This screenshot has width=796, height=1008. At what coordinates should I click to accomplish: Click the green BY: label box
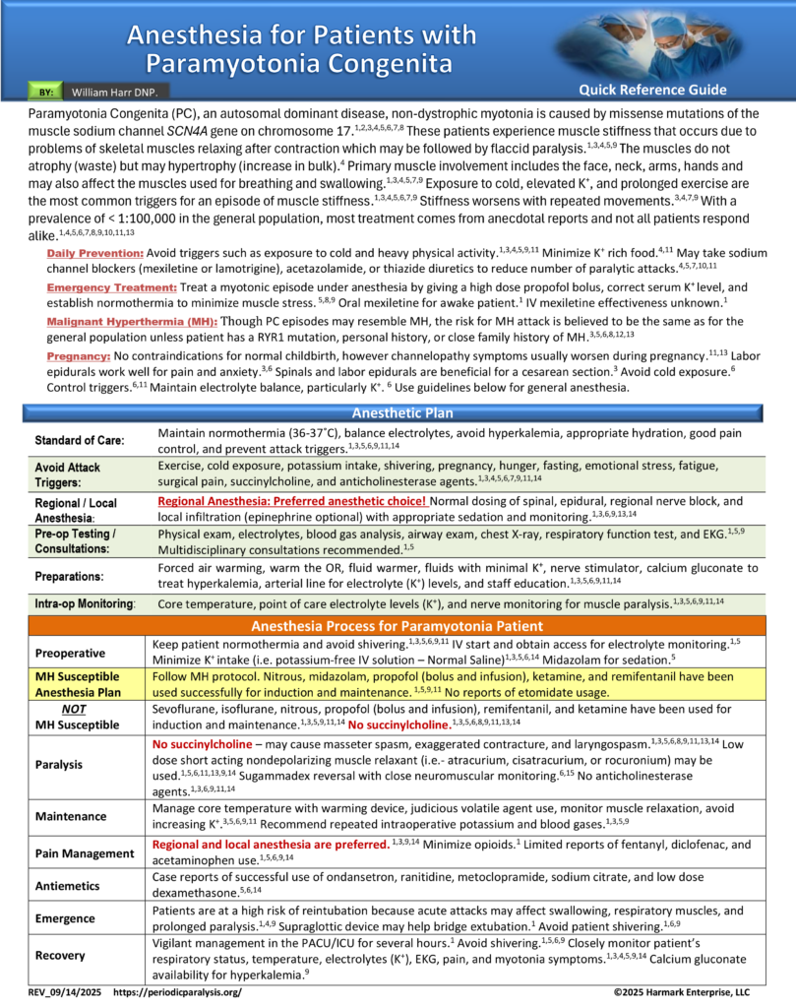tap(46, 92)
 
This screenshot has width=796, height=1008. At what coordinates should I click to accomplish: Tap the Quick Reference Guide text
tap(652, 90)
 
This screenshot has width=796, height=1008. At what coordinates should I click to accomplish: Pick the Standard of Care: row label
tap(81, 439)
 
